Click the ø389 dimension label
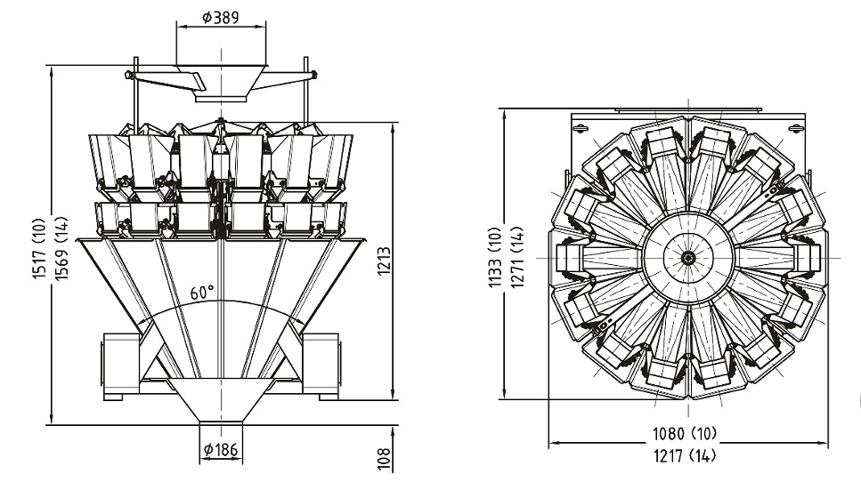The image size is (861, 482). click(x=220, y=17)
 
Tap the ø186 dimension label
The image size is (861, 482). click(x=221, y=450)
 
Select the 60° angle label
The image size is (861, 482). click(x=202, y=292)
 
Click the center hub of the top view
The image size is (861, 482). click(x=686, y=258)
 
